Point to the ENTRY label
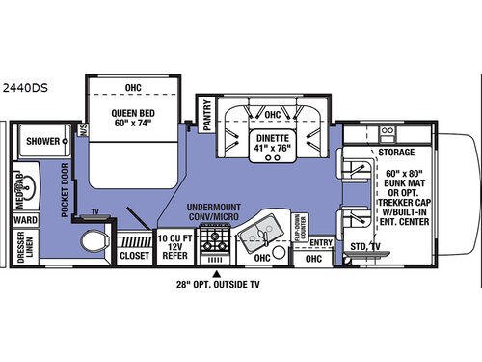click(321, 242)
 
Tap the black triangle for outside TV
click(214, 274)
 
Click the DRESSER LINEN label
click(24, 249)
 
